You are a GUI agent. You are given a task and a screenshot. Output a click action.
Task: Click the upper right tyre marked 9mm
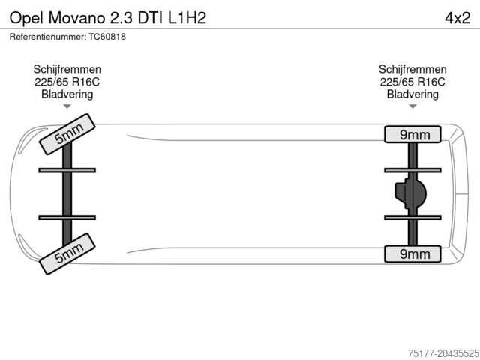click(x=413, y=134)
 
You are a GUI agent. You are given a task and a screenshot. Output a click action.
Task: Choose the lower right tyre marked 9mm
click(x=413, y=253)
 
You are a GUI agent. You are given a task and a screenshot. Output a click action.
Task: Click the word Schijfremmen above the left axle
click(x=67, y=69)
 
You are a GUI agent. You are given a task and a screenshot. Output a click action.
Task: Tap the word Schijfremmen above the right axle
click(x=413, y=69)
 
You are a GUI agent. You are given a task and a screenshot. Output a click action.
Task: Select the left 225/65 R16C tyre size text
click(x=67, y=82)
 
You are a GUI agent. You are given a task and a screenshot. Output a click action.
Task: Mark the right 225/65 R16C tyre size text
click(x=413, y=82)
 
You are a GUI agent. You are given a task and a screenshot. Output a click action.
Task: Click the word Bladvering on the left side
click(x=67, y=94)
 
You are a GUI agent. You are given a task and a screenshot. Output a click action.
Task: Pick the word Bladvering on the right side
click(x=413, y=94)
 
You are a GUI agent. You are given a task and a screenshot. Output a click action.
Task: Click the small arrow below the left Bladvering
click(x=67, y=106)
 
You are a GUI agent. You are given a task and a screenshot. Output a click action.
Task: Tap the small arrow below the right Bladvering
click(x=413, y=106)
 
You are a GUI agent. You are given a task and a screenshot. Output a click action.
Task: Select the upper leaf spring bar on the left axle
click(x=67, y=170)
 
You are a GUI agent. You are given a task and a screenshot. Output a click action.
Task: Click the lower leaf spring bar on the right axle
click(x=413, y=217)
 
